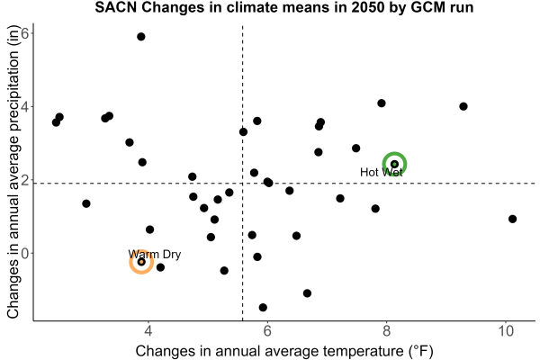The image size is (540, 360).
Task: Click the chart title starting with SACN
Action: pos(284,7)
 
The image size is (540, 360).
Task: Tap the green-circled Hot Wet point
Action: pos(395,165)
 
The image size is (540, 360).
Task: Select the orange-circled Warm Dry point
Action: pos(141,262)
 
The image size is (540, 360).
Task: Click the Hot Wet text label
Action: pos(381,172)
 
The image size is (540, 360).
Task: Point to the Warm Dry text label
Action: pos(154,254)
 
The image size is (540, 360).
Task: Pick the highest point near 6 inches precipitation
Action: pos(141,37)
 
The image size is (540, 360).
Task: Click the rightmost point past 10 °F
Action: pos(512,219)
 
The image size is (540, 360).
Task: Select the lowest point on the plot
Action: pos(263,307)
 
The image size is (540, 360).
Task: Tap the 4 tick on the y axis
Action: pos(25,106)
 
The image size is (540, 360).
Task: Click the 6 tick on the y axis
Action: pos(25,33)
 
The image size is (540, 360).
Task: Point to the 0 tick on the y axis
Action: pos(25,253)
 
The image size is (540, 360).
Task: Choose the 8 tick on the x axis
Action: pos(386,331)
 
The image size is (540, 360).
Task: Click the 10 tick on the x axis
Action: pos(506,331)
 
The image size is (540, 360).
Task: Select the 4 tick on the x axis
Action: pos(148,331)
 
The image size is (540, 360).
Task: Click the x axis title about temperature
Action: pos(284,351)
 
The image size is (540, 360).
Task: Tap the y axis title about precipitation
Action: pos(13,172)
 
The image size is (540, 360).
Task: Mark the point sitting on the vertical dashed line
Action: pos(243,131)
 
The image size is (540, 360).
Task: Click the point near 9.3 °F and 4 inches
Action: pos(463,106)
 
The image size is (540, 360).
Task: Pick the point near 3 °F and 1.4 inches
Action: pos(86,203)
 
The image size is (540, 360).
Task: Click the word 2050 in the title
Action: pos(367,7)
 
